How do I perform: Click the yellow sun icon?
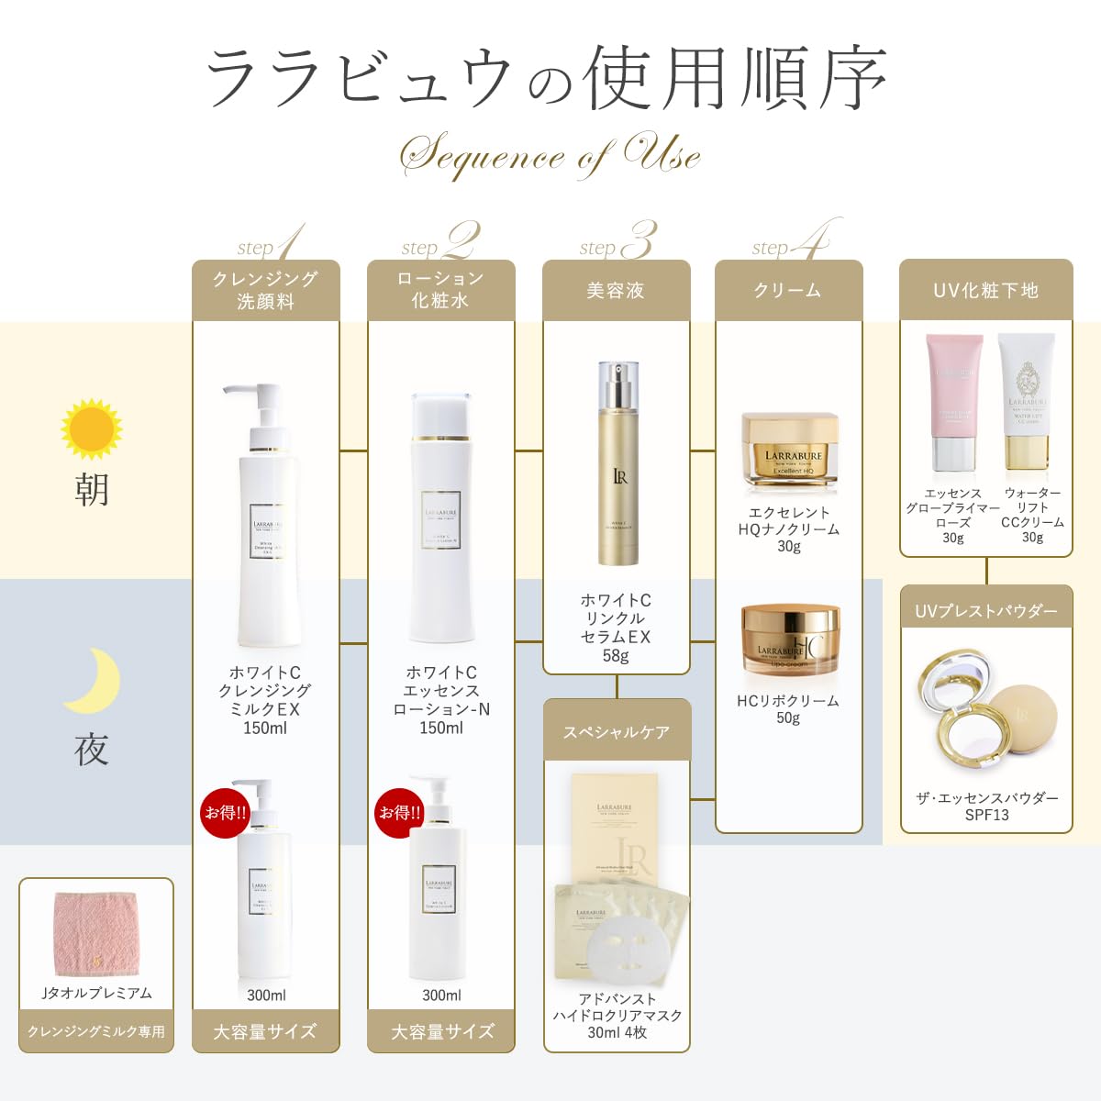[91, 428]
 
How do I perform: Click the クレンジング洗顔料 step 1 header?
[265, 290]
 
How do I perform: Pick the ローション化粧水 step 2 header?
[440, 290]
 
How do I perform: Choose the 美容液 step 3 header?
[616, 290]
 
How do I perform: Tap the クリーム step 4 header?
[788, 290]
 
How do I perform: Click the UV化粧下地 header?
[985, 290]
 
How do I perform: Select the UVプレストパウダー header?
[986, 610]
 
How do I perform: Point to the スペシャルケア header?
[616, 731]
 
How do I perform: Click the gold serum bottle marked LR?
[617, 468]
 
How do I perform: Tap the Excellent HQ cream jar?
[789, 450]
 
